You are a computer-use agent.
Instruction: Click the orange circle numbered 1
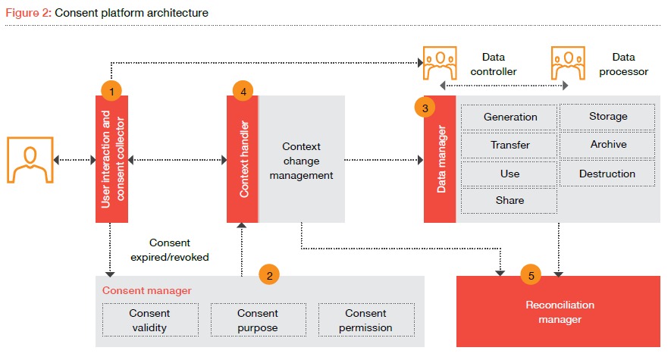(111, 90)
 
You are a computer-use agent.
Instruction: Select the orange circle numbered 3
(425, 108)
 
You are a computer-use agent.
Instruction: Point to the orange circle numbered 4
(243, 90)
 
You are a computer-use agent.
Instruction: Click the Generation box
(510, 117)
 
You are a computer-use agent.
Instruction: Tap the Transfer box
(510, 145)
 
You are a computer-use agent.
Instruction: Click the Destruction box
(607, 174)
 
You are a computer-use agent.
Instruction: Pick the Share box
(510, 200)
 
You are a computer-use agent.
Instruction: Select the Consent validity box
(149, 320)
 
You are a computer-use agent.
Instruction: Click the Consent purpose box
(258, 320)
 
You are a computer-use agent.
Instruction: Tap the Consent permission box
(366, 320)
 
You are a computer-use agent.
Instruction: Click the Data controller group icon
(440, 64)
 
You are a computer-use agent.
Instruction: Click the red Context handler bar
(243, 159)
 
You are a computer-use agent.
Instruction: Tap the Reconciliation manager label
(560, 312)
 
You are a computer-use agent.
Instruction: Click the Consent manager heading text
(147, 290)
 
